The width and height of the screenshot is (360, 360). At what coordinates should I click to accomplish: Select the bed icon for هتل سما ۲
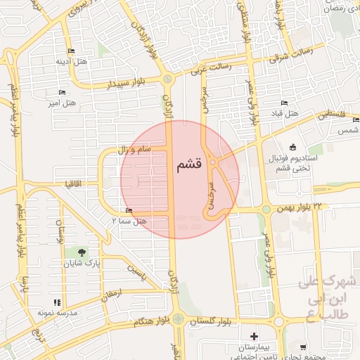(x=128, y=211)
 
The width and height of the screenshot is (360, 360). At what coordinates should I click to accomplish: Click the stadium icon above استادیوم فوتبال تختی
(x=311, y=147)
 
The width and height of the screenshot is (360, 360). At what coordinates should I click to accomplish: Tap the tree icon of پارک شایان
(x=83, y=252)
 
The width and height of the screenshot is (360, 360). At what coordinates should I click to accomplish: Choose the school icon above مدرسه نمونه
(x=57, y=302)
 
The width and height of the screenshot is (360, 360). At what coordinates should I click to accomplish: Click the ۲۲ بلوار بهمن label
(x=300, y=206)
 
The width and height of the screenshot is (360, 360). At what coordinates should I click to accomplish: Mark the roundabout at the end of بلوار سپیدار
(x=167, y=79)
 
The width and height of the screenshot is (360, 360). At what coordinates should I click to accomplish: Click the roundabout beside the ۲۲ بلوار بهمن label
(x=266, y=209)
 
